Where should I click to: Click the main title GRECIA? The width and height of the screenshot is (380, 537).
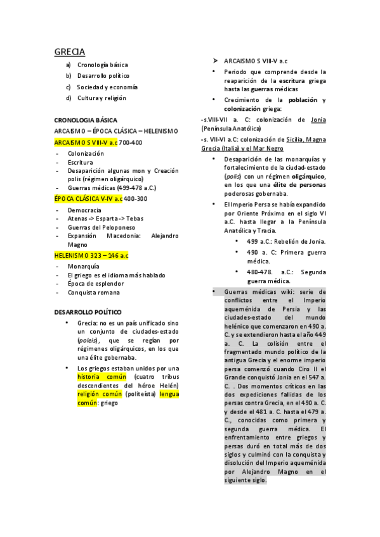(x=69, y=51)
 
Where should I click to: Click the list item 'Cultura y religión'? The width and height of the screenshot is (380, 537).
(x=102, y=98)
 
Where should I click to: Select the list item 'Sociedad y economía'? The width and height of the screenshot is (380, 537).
(x=107, y=87)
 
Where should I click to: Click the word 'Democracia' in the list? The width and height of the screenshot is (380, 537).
(x=84, y=210)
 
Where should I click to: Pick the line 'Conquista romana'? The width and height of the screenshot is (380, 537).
(x=95, y=293)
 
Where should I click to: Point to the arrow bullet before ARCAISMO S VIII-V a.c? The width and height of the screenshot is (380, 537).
(x=216, y=60)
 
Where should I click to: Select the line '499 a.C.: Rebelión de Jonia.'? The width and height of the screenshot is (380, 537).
(x=286, y=241)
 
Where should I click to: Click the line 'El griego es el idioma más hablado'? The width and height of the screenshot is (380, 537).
(x=117, y=275)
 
